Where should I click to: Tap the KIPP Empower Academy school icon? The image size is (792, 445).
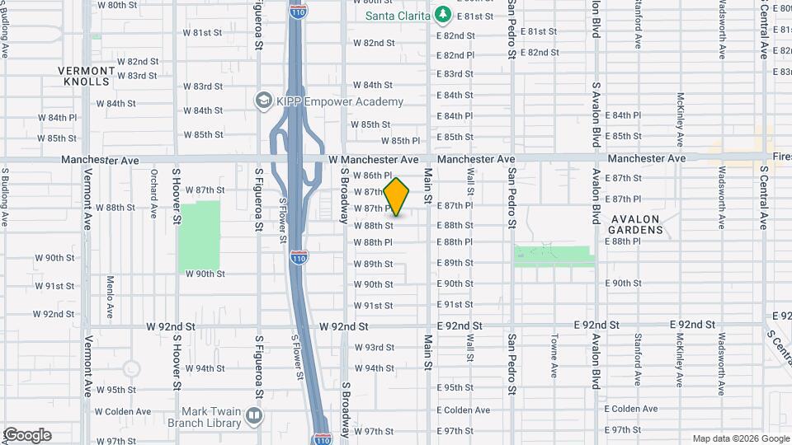click(x=264, y=101)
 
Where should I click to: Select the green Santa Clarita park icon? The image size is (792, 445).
click(x=443, y=15)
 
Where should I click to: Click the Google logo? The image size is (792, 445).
click(x=26, y=435)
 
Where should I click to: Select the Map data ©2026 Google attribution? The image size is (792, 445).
click(x=740, y=438)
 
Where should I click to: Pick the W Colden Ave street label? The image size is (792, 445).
click(x=123, y=411)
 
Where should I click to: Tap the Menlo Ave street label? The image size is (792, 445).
click(x=110, y=297)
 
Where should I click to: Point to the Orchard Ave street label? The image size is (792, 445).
click(x=154, y=187)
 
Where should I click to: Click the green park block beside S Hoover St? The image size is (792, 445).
click(x=200, y=236)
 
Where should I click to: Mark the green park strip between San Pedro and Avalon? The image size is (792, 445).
click(x=554, y=256)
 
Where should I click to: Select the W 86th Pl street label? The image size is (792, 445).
click(x=373, y=176)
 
